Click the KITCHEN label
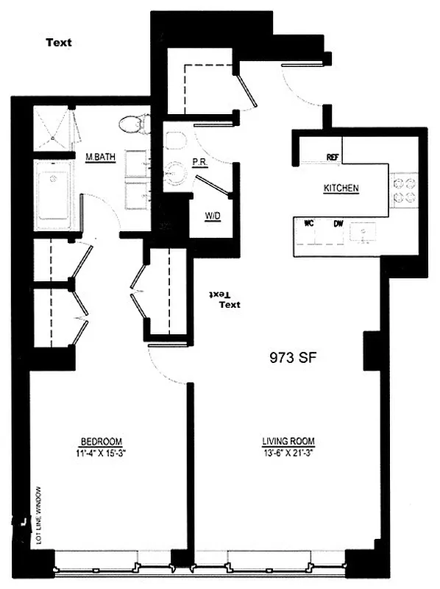[341, 188]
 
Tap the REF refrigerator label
[333, 157]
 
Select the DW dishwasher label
[338, 223]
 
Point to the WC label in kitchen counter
[310, 223]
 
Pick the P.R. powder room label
[199, 161]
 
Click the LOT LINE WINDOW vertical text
[38, 515]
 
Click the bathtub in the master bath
[54, 196]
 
